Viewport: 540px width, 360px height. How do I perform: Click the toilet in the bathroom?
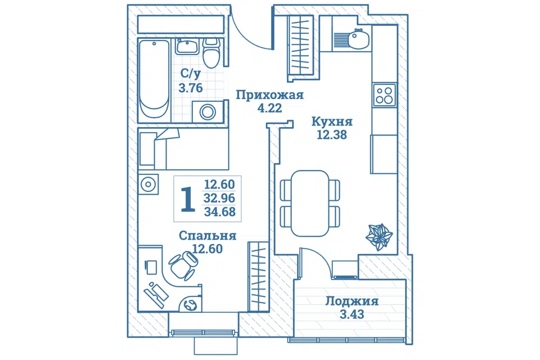tap(211, 53)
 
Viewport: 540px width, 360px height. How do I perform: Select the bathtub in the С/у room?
tap(154, 80)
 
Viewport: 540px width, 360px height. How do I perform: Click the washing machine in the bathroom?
tap(208, 111)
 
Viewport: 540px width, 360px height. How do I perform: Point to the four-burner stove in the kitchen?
tap(384, 95)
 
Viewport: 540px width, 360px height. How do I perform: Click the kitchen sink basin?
tap(358, 39)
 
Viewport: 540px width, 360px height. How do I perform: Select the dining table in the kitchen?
tap(310, 203)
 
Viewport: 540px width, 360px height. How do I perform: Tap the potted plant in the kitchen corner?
tap(379, 237)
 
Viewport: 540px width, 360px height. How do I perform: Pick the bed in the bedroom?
tap(183, 149)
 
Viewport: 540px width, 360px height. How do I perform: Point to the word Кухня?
tap(332, 121)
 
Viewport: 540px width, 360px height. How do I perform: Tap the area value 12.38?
tap(332, 135)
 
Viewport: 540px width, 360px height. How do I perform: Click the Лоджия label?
tap(352, 301)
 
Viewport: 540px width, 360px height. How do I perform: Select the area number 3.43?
tap(352, 314)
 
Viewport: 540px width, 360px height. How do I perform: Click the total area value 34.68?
tap(220, 211)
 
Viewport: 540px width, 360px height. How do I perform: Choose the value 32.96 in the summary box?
tap(220, 198)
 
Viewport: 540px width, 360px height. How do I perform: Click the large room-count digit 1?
tap(188, 199)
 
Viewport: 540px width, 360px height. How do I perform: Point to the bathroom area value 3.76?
tap(191, 88)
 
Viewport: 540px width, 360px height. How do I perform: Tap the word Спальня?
tap(208, 236)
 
